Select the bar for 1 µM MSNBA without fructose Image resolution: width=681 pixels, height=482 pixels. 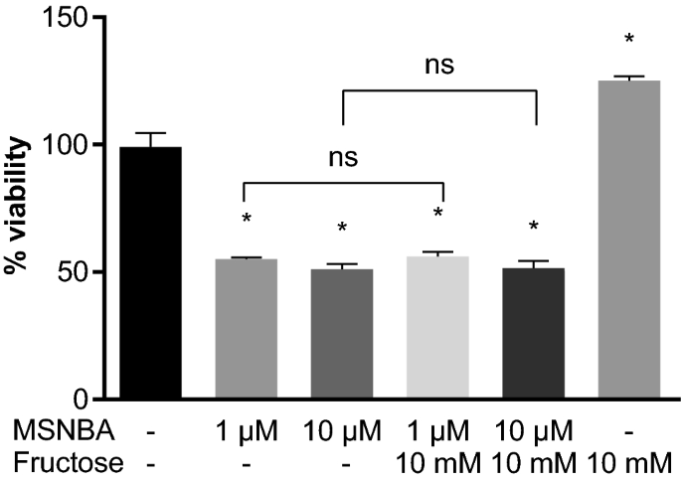(246, 328)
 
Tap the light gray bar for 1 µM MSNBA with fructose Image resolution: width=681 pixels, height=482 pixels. (438, 328)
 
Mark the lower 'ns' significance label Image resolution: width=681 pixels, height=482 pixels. (342, 157)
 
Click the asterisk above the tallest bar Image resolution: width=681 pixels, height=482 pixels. (628, 40)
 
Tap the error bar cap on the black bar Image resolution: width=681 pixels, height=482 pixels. (149, 133)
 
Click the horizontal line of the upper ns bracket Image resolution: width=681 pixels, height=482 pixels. (438, 91)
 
